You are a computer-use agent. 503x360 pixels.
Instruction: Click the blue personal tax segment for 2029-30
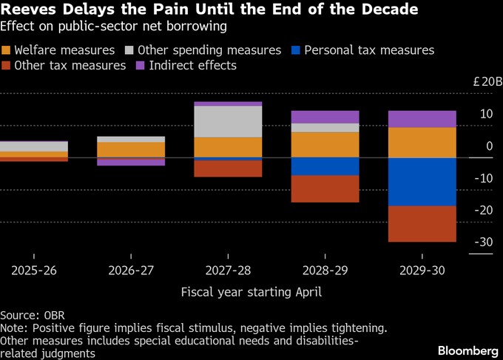(422, 182)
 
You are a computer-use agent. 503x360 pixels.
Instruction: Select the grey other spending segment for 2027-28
(228, 121)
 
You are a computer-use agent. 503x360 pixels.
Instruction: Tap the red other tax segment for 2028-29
(325, 189)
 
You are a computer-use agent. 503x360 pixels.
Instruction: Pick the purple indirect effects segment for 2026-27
(131, 161)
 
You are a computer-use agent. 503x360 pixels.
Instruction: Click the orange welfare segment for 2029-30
(422, 143)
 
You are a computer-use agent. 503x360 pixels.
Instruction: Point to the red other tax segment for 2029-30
(422, 223)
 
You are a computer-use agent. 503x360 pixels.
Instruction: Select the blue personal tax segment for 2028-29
(325, 166)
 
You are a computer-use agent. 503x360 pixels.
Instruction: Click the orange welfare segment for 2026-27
(131, 149)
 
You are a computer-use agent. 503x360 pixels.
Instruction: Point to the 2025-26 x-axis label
(34, 271)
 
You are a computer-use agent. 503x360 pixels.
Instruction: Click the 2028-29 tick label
(325, 271)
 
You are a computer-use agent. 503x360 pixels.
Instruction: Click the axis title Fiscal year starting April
(251, 291)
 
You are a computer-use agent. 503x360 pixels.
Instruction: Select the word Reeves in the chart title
(26, 10)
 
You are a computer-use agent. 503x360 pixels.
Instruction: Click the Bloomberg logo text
(467, 349)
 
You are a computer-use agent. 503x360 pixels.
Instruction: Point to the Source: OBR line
(31, 314)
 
